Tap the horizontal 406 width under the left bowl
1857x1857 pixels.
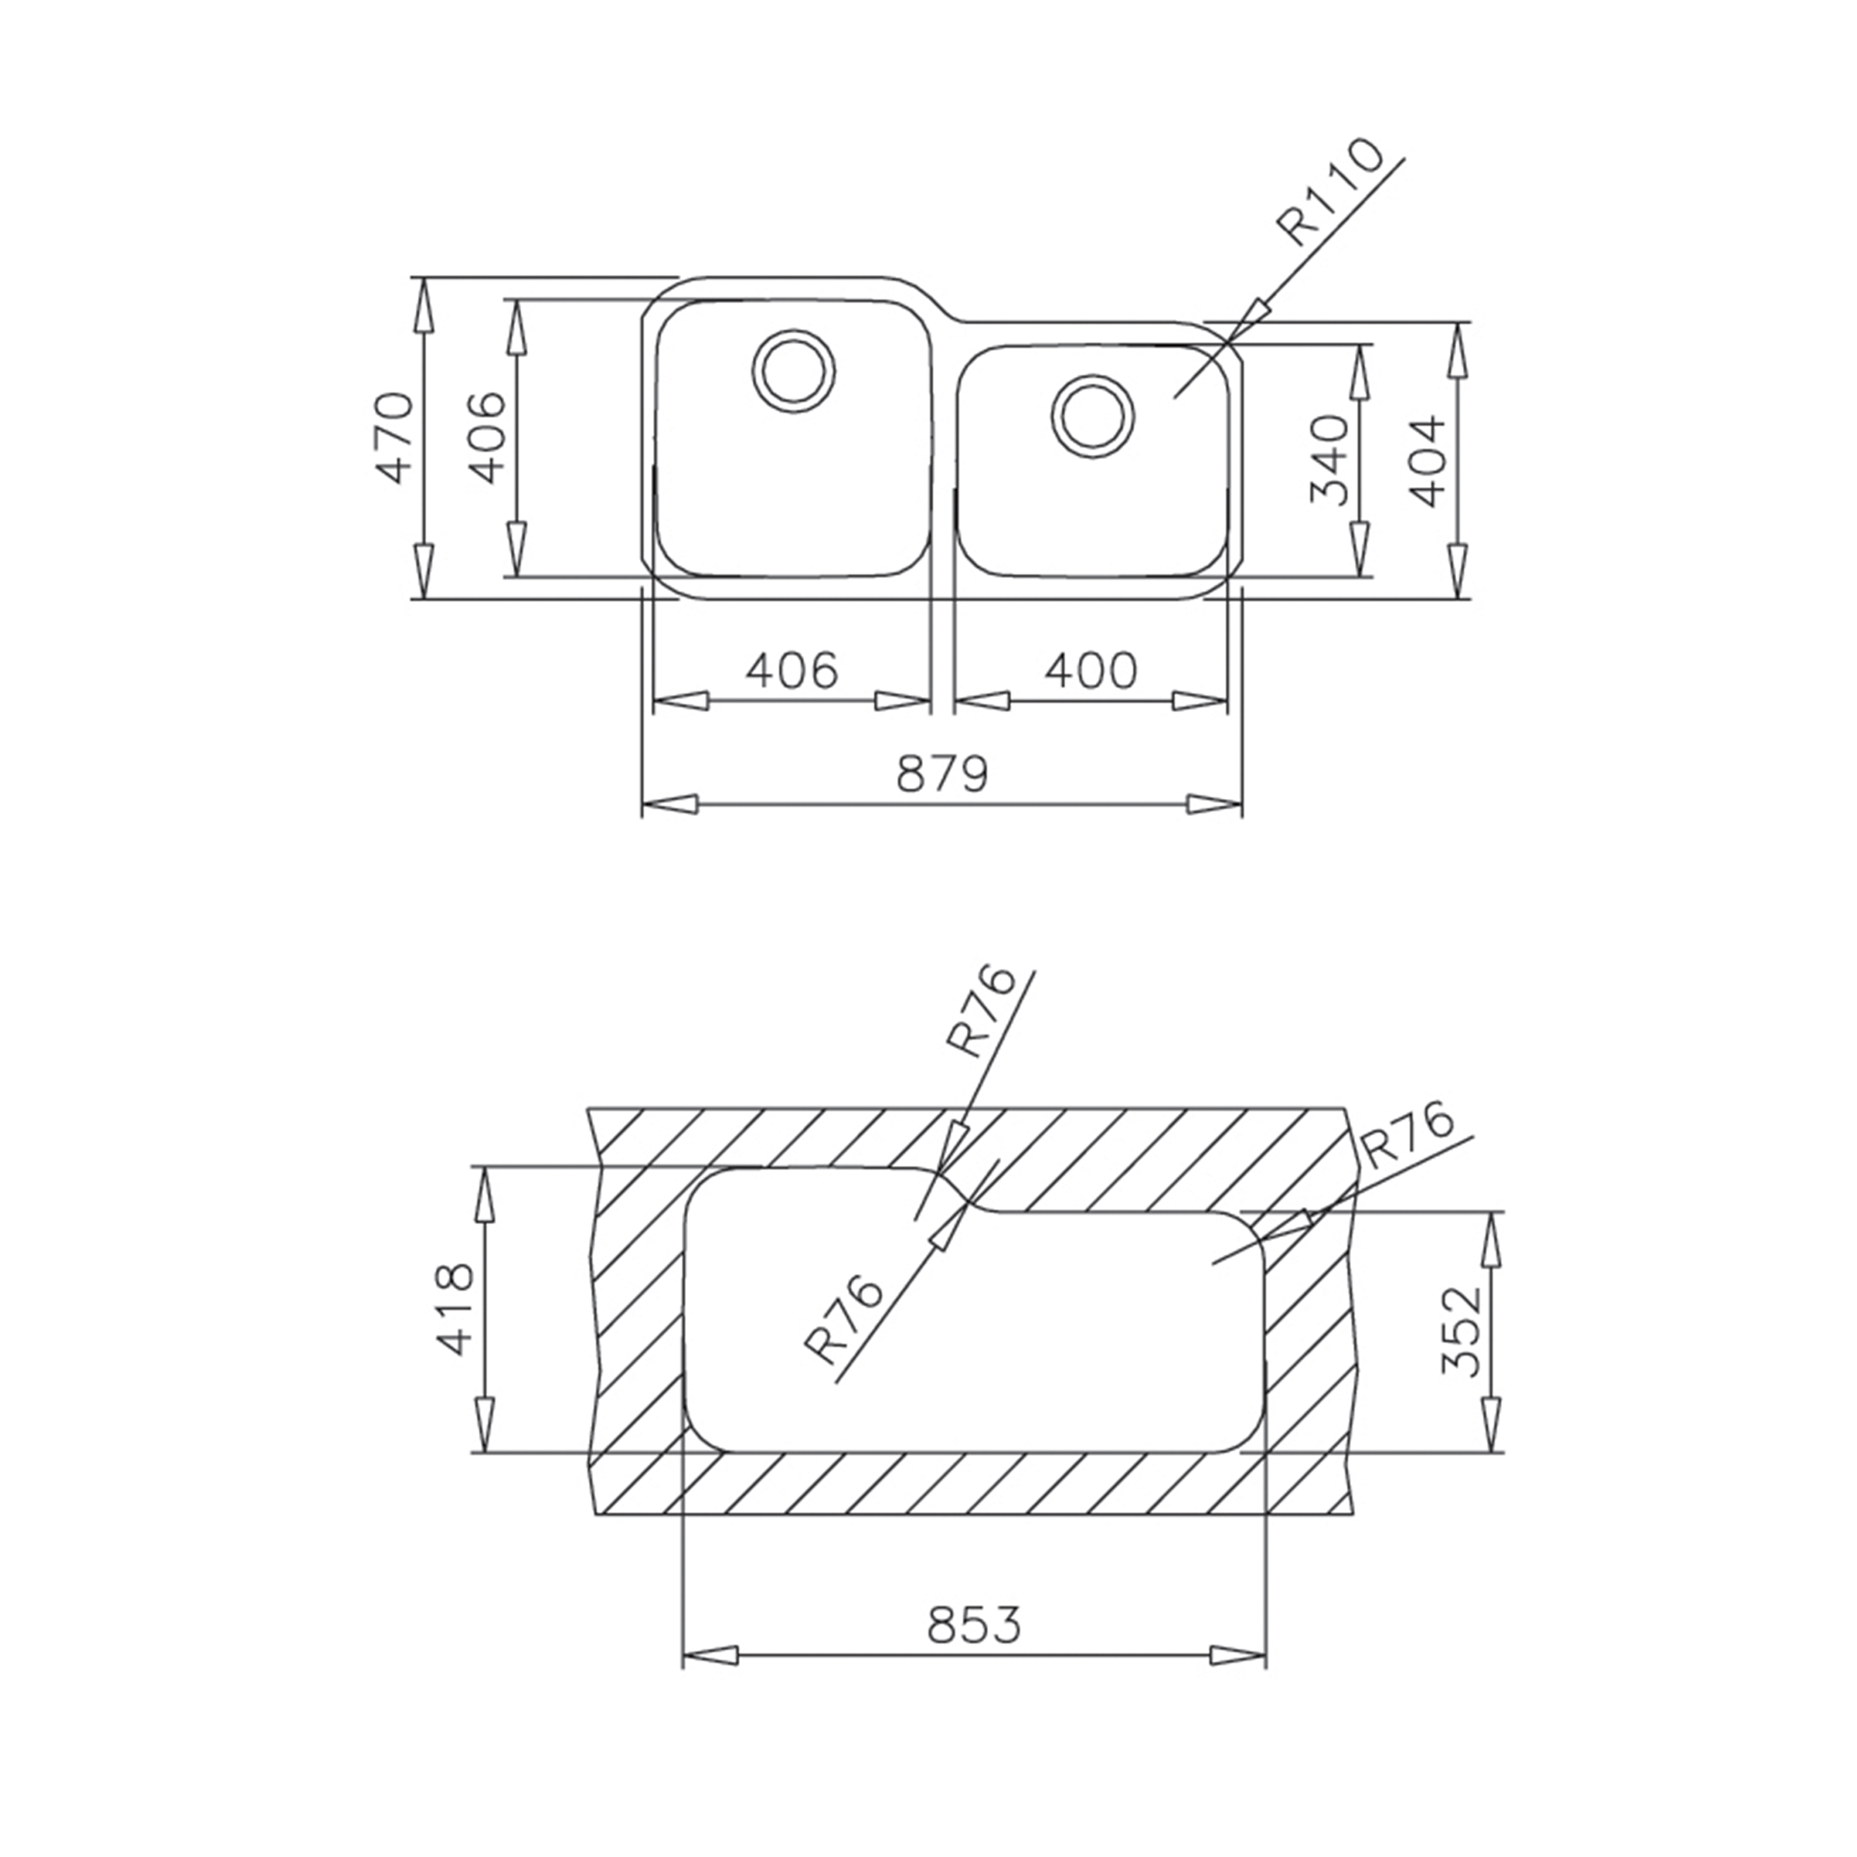792,670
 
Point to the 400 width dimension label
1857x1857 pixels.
1091,670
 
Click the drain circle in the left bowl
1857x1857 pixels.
794,372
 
